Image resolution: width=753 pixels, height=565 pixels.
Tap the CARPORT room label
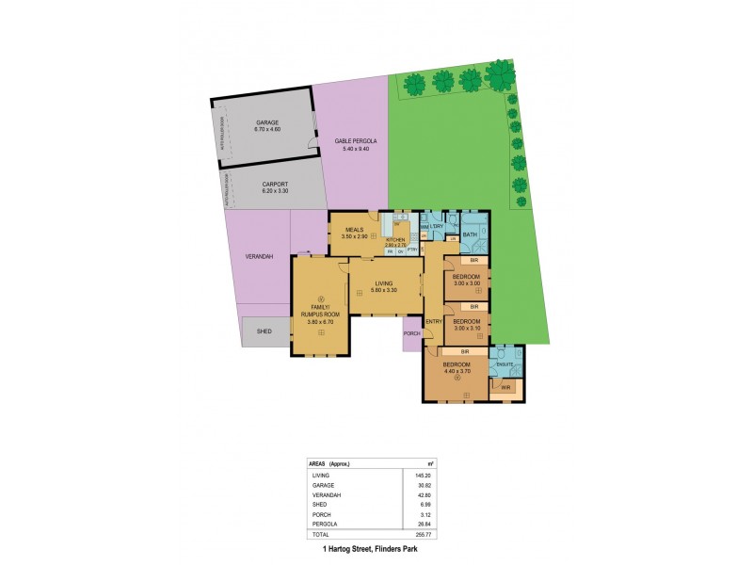[x=275, y=185]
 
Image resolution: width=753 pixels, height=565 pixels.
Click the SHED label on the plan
[x=264, y=331]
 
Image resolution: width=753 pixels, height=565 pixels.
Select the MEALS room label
[x=355, y=229]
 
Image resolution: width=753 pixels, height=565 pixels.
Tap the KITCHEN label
[x=395, y=240]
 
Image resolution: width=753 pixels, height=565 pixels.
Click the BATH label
[x=470, y=235]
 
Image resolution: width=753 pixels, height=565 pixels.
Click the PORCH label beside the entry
[x=411, y=333]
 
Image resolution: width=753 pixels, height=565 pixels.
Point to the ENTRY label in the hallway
[x=434, y=322]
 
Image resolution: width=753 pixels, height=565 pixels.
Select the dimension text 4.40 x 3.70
[x=457, y=371]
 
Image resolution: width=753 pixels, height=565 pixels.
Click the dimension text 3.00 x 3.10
[x=467, y=329]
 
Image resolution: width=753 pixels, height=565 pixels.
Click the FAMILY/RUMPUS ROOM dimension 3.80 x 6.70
[x=321, y=323]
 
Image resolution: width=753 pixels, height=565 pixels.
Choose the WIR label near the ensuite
[x=505, y=386]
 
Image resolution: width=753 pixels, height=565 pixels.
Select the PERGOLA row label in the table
[x=324, y=524]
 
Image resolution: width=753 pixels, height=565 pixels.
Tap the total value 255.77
[x=420, y=534]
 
